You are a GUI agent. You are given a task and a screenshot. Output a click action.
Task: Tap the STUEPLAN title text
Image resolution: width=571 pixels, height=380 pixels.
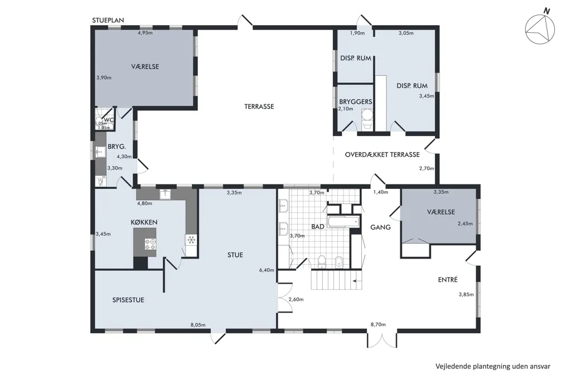pos(108,21)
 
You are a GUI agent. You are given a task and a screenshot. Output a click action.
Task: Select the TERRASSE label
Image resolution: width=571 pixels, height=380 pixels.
pos(259,106)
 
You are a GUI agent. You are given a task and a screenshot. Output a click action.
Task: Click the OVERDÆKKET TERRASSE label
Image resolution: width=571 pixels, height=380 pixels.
pos(382,154)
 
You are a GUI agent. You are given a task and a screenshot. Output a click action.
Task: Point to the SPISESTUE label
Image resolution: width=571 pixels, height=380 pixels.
pos(128,300)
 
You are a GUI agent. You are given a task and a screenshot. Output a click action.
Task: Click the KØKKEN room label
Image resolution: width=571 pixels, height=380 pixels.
pos(144,222)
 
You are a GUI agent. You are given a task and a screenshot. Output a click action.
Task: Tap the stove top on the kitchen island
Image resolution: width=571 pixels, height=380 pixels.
pos(151,244)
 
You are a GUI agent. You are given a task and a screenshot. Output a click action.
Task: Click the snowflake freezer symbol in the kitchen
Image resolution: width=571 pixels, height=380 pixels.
pos(191,240)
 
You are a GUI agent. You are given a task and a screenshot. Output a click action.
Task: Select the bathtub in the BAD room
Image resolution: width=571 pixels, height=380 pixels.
pos(343,222)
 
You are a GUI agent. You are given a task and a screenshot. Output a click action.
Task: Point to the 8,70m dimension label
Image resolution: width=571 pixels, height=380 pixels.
pos(378,324)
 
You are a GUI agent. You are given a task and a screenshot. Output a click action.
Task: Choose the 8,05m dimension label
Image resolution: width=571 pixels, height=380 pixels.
pos(198,325)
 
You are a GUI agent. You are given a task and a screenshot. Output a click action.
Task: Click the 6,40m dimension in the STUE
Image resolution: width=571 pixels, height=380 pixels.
pos(267,270)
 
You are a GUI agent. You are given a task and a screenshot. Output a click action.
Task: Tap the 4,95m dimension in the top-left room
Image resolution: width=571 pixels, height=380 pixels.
pos(145,33)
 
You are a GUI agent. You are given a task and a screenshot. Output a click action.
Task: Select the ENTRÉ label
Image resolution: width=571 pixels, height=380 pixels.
pos(448,280)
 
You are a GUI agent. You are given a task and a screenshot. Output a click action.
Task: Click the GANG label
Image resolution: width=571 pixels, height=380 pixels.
pos(380,227)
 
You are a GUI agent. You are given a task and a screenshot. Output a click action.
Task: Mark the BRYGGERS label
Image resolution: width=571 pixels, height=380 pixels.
pos(356,101)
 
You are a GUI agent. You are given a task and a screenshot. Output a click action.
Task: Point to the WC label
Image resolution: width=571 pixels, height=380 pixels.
pos(109,120)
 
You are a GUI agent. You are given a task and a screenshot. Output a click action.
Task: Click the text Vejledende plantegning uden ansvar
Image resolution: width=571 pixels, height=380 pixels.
pos(493,367)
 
